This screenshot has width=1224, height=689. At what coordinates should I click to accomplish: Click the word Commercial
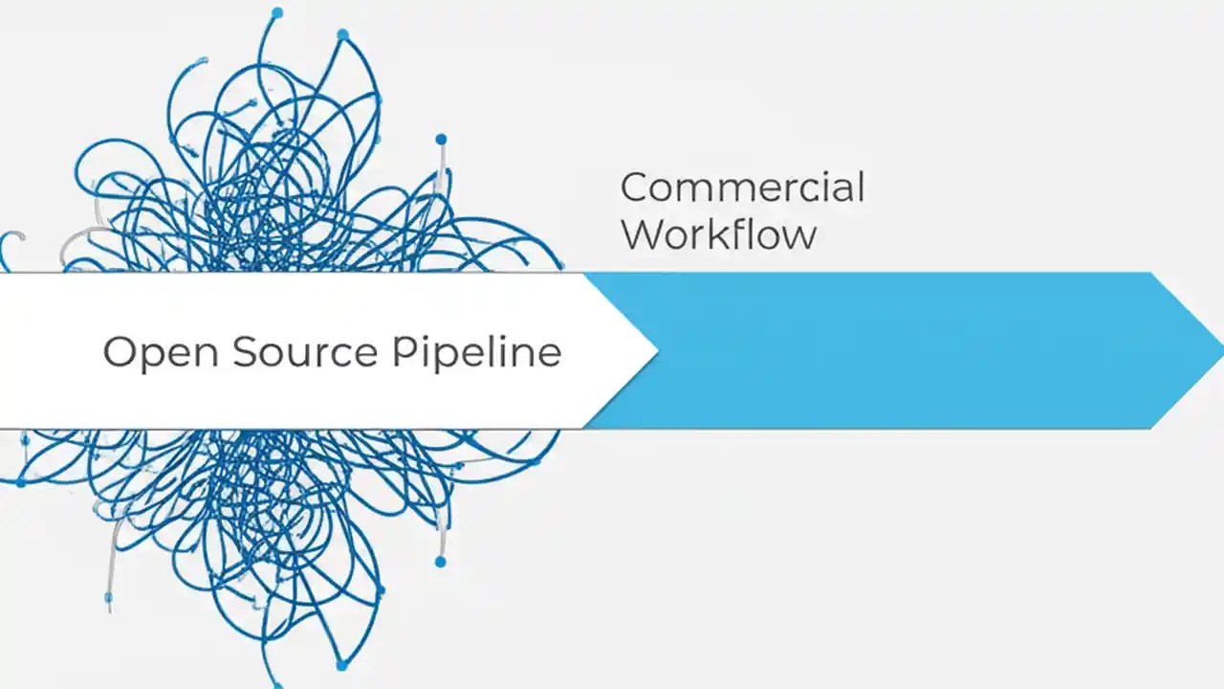coord(742,188)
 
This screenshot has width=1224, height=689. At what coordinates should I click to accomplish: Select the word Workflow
coord(719,234)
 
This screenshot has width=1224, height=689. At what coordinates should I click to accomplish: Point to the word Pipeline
coord(476,351)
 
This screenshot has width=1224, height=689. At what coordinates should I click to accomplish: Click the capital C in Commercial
coord(635,188)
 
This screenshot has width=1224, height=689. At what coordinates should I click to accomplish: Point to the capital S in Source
coord(247,351)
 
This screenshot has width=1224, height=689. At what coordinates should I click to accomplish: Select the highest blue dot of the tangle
coord(277,12)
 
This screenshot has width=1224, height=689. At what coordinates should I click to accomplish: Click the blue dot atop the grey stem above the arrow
coord(441,140)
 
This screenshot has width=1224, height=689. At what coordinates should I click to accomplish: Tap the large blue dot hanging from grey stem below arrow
coord(440,561)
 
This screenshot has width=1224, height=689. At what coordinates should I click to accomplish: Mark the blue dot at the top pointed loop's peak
coord(342,34)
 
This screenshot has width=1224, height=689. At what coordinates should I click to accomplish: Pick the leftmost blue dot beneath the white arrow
coord(21,482)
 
